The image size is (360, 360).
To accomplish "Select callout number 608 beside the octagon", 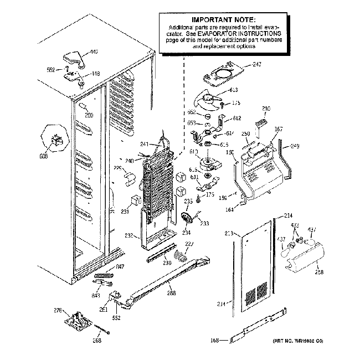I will (44, 157).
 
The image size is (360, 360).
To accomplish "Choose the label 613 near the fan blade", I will (233, 89).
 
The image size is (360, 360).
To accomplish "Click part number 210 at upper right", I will (266, 109).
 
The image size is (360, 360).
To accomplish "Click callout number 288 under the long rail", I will (171, 293).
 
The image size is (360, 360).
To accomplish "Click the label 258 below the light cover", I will (319, 272).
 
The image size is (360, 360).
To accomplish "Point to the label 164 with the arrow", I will (230, 209).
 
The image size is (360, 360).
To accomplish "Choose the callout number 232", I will (128, 236).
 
